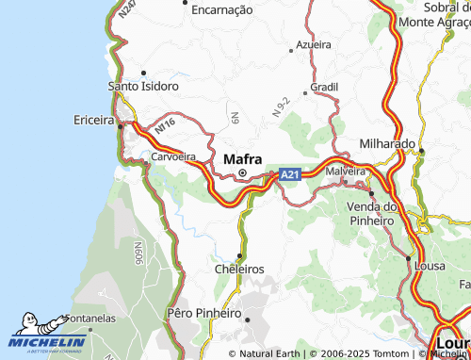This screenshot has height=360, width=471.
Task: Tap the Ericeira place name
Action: click(x=92, y=120)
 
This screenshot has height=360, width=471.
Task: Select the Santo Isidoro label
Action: click(x=143, y=86)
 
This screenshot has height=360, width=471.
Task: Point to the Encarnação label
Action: click(x=221, y=9)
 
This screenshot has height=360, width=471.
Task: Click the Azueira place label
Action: click(x=314, y=44)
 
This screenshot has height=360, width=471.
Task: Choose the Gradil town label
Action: click(x=323, y=86)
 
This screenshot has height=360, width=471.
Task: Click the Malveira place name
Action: click(x=345, y=172)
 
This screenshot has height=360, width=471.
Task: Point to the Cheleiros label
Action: click(x=239, y=269)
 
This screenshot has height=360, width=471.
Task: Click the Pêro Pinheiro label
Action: click(x=203, y=312)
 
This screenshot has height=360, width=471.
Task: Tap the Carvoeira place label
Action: click(x=172, y=156)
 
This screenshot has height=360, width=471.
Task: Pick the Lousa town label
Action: click(x=430, y=267)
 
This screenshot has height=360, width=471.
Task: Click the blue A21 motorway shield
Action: click(x=290, y=174)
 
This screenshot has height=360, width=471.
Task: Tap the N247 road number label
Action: click(x=127, y=10)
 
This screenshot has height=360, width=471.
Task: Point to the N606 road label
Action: click(x=138, y=253)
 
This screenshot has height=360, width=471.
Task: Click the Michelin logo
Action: click(x=47, y=335)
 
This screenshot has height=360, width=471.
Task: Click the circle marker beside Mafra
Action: click(x=242, y=173)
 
